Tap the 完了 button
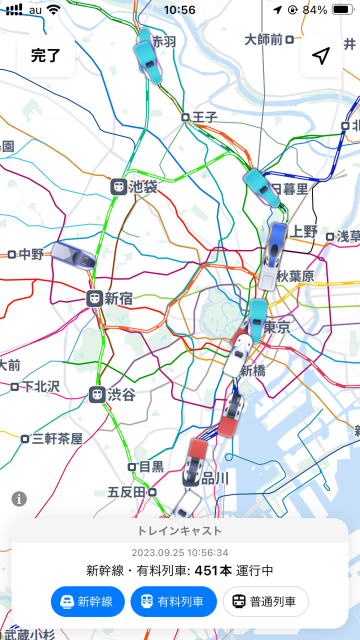point(45,55)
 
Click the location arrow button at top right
point(321,55)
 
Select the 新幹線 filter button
point(87,601)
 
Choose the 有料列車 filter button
point(173,601)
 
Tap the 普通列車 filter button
point(265,601)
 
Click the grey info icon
point(19,498)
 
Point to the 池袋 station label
point(143,187)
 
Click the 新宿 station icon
point(94,298)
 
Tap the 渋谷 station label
point(121,395)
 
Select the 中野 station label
point(31,254)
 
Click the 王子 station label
point(204,117)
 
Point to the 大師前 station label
point(263,40)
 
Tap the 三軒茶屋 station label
point(57,439)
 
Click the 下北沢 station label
point(41,386)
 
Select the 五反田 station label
point(126,492)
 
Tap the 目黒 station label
point(151,467)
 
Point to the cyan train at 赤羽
point(147,55)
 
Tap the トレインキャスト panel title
point(179,531)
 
